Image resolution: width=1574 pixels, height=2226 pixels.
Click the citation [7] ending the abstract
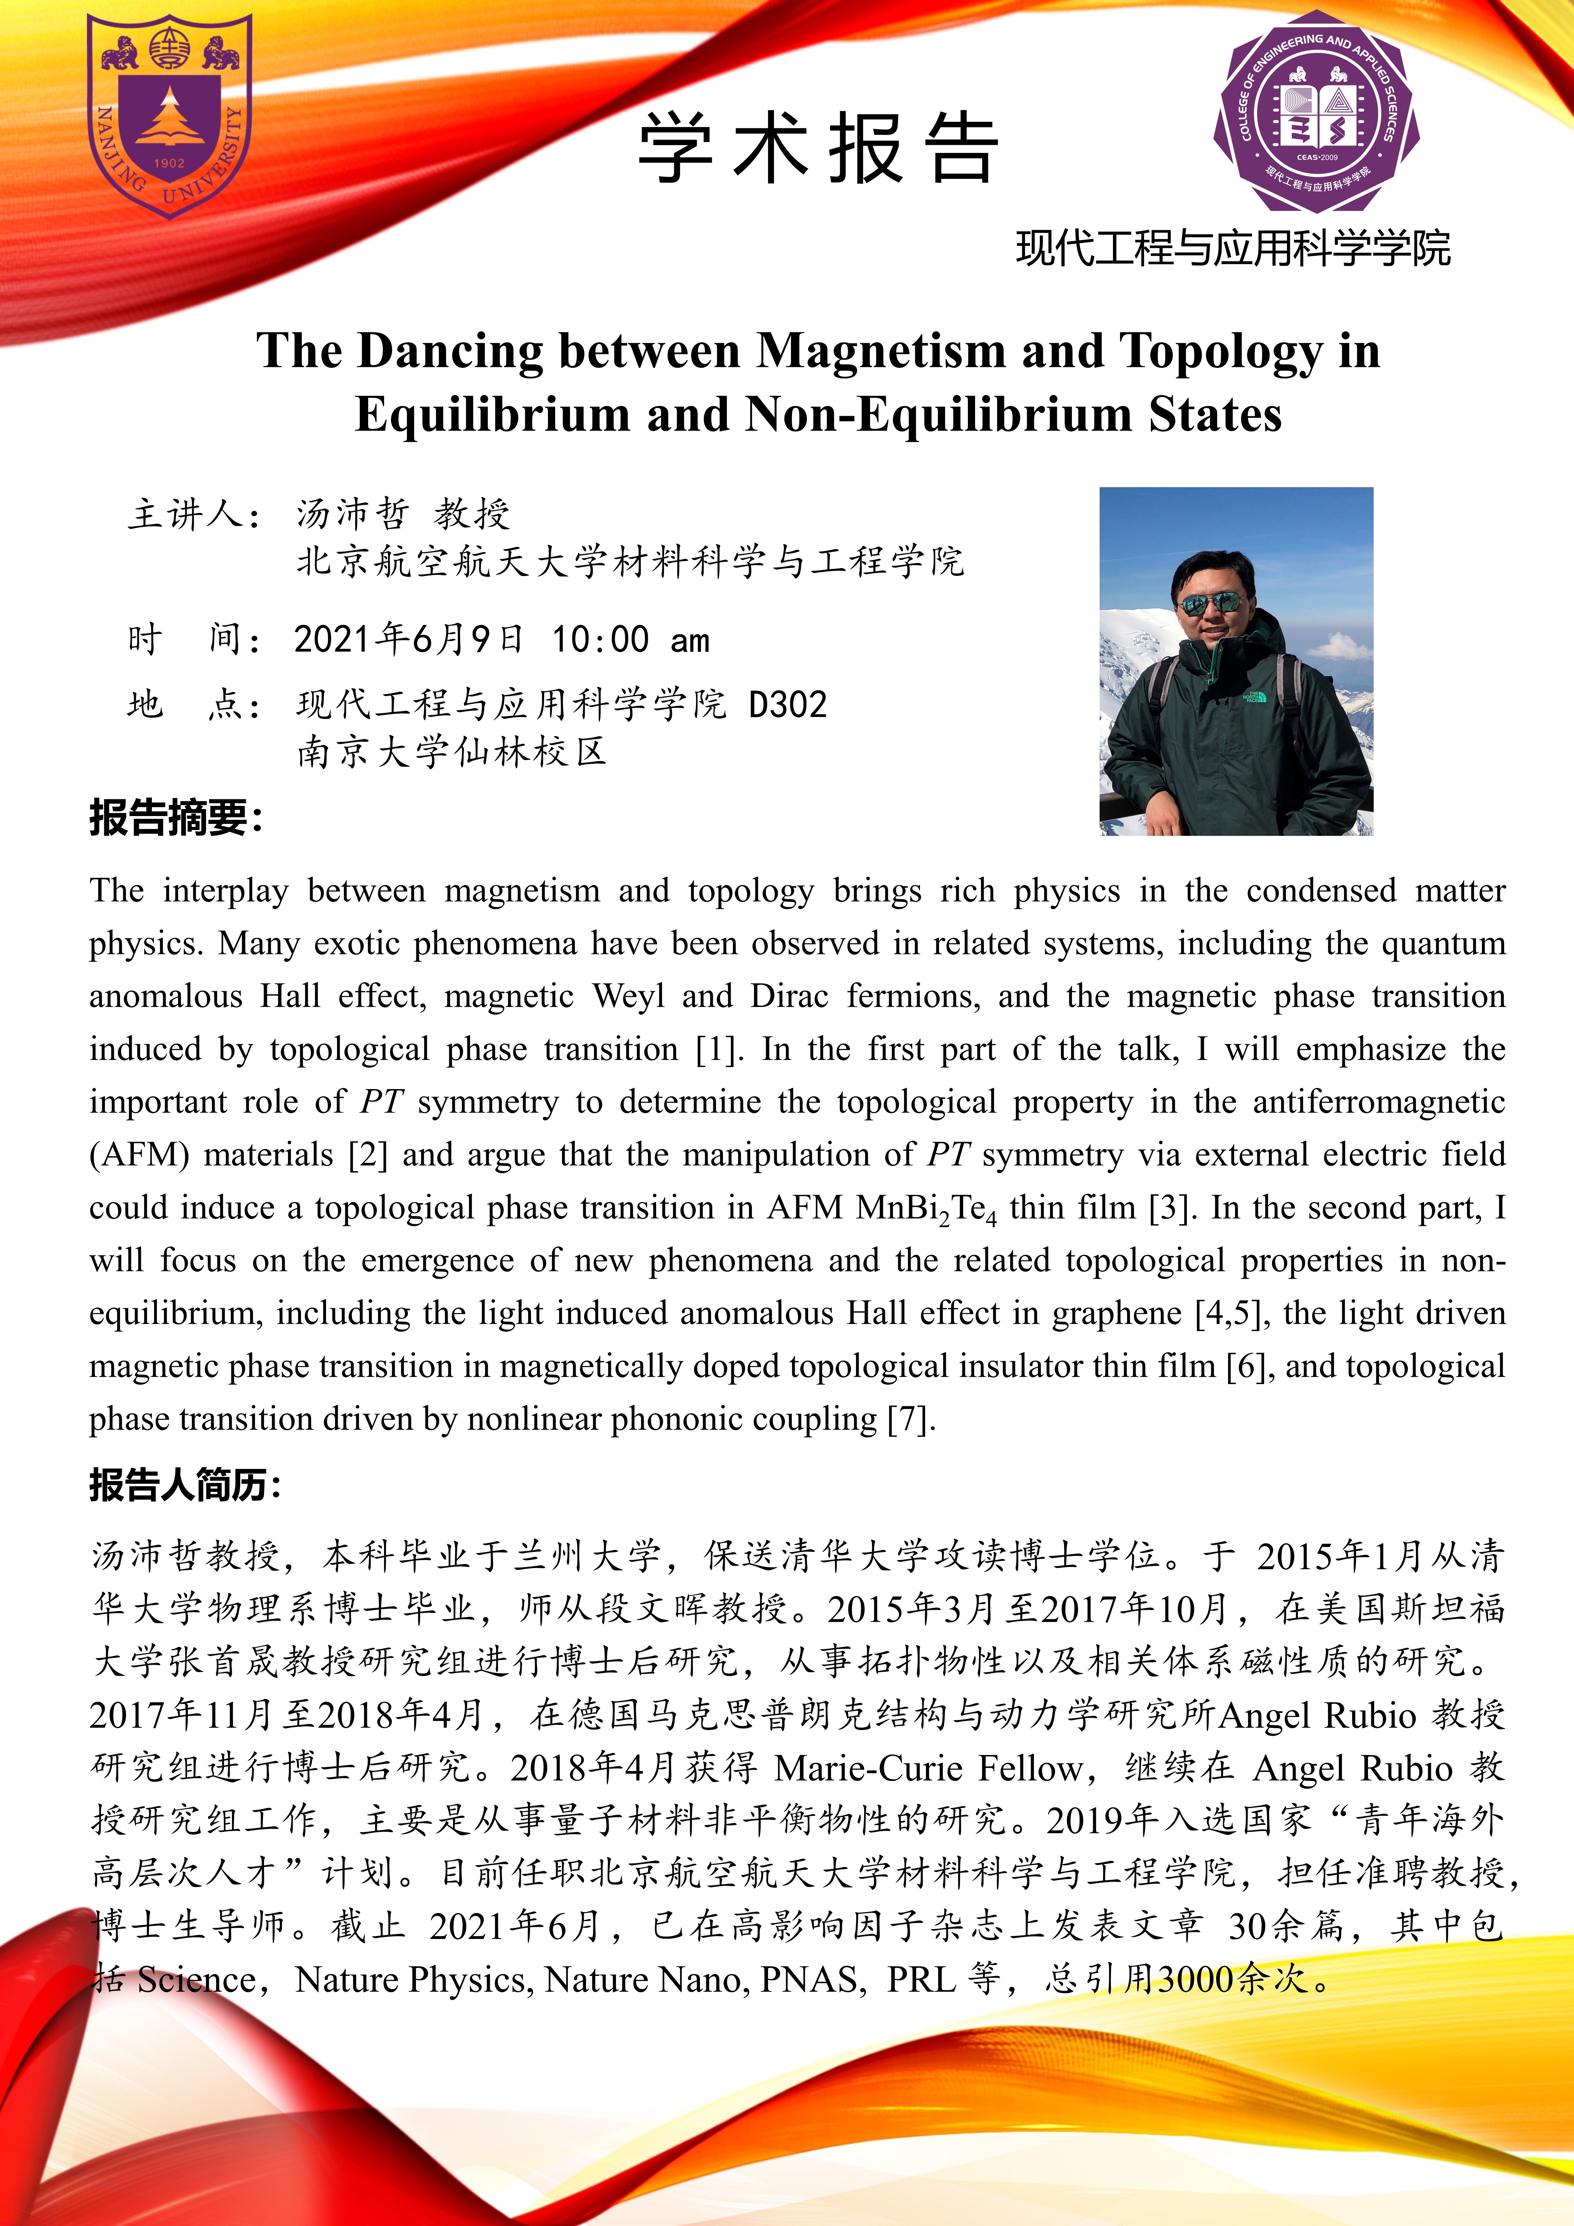[x=911, y=1419]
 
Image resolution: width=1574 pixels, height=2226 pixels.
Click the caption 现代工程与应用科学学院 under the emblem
[x=1233, y=249]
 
